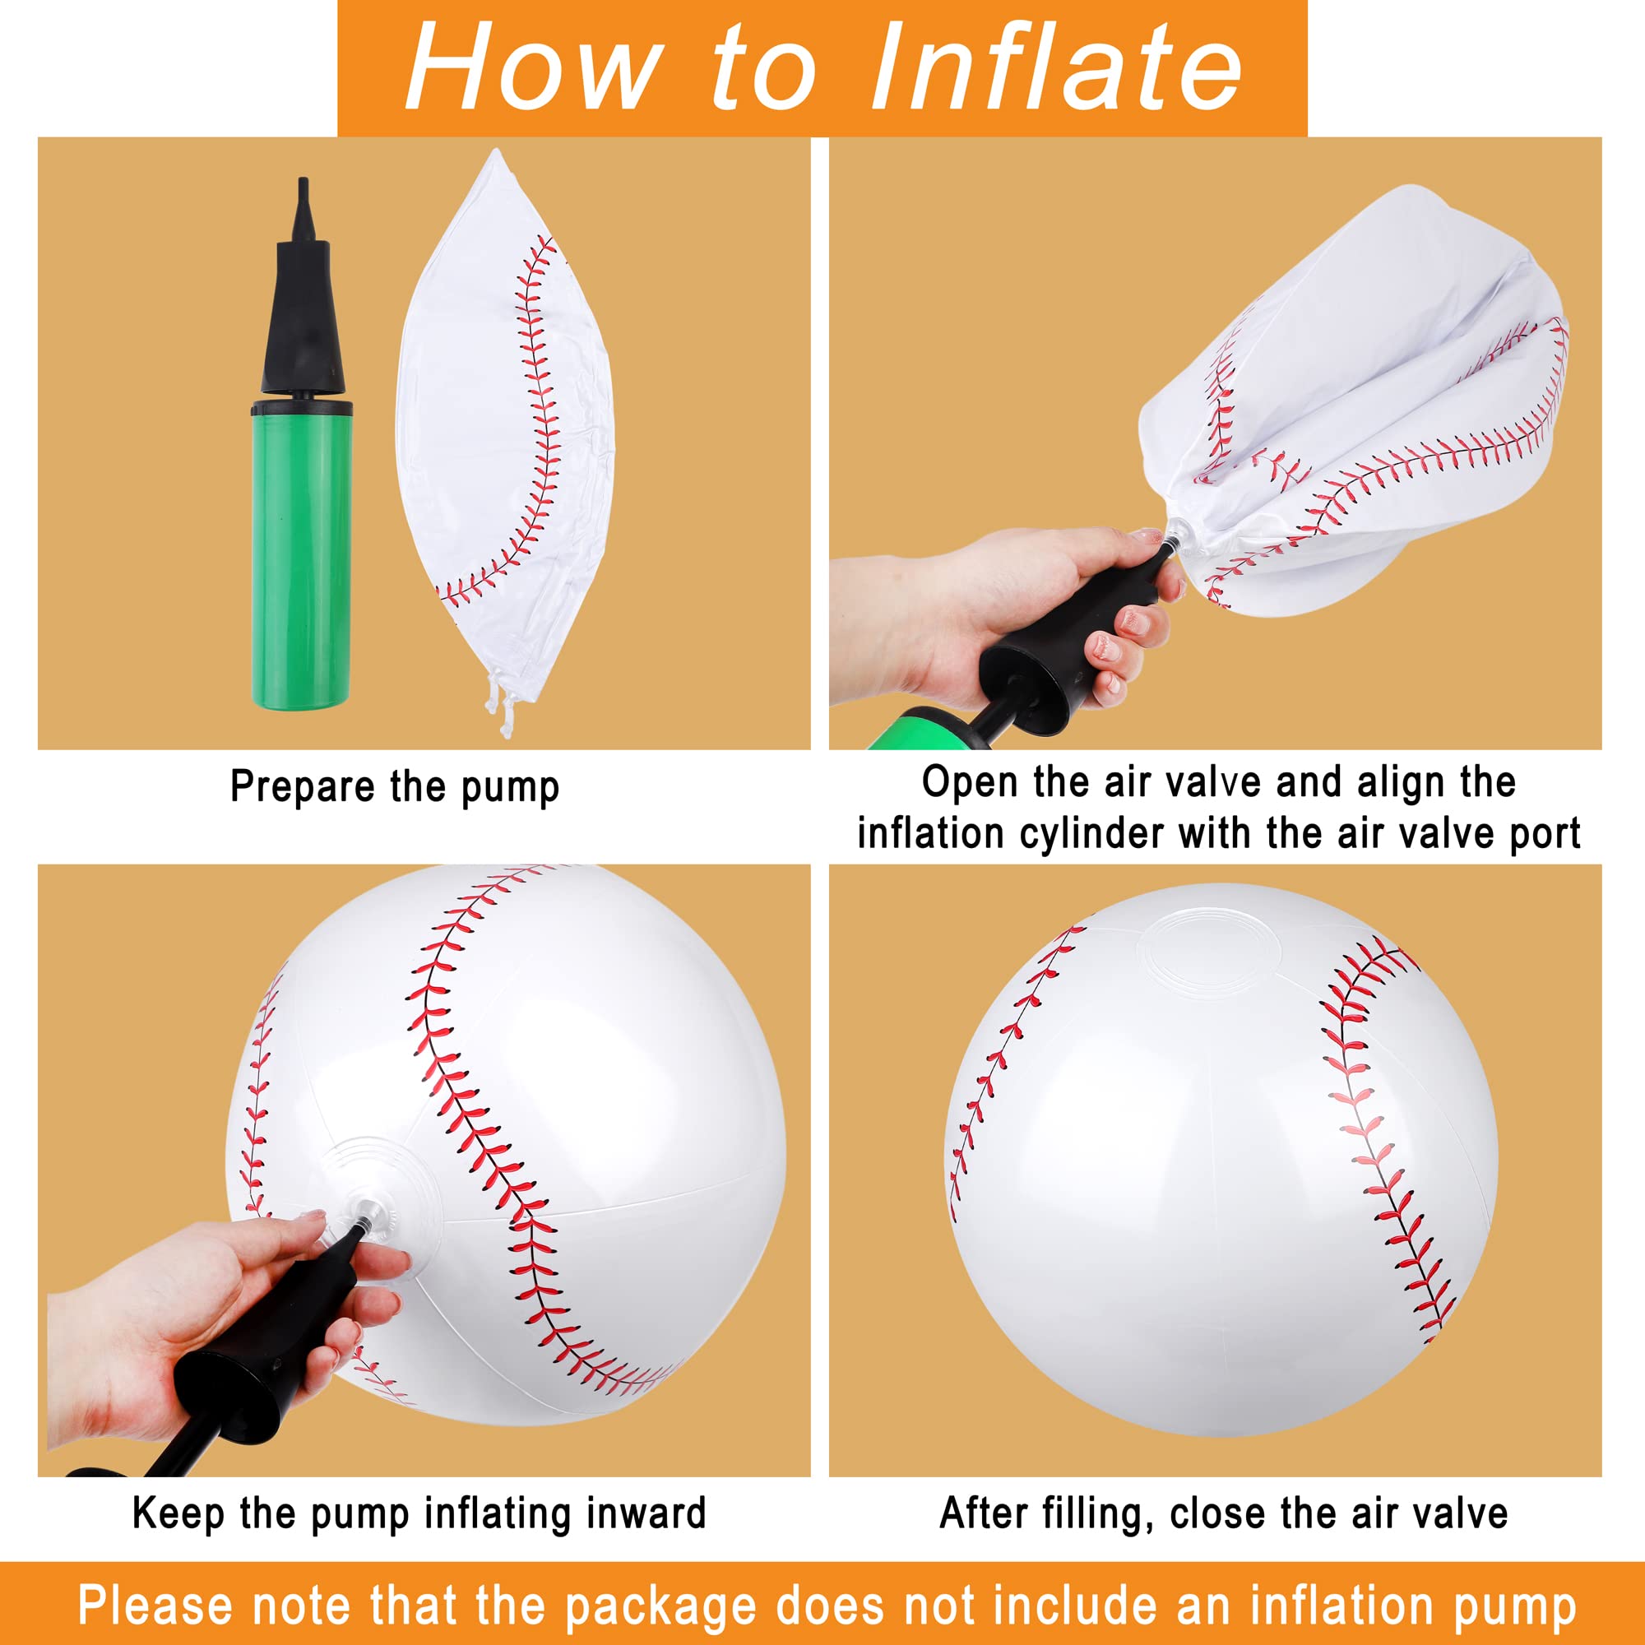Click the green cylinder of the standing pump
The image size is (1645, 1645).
[x=300, y=554]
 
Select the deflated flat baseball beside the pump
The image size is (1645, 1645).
[x=503, y=426]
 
